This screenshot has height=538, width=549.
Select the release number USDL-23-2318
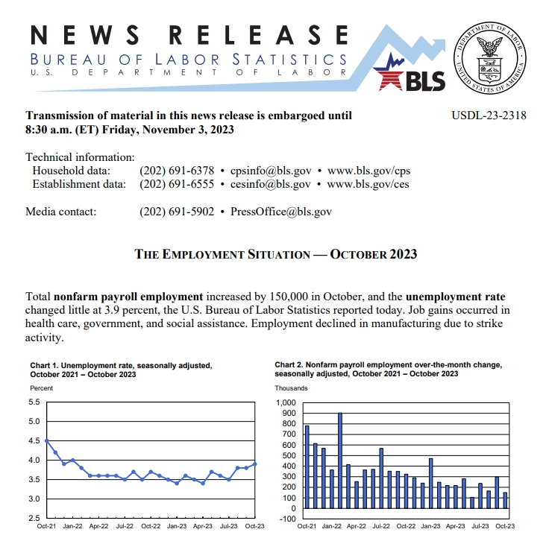click(489, 115)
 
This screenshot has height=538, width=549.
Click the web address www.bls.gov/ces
click(368, 184)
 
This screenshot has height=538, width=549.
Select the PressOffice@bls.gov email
click(281, 212)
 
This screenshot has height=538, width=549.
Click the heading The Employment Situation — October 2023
click(275, 254)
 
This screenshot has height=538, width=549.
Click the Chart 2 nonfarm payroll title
click(387, 370)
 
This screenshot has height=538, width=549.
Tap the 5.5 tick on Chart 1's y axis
click(34, 402)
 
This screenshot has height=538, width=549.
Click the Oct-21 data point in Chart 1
click(47, 441)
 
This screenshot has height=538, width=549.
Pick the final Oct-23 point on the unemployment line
click(257, 463)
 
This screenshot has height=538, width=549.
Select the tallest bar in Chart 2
click(340, 461)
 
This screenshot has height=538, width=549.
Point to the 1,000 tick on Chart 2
click(286, 403)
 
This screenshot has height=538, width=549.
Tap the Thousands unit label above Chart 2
click(292, 388)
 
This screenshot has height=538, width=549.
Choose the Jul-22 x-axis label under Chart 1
click(125, 525)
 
